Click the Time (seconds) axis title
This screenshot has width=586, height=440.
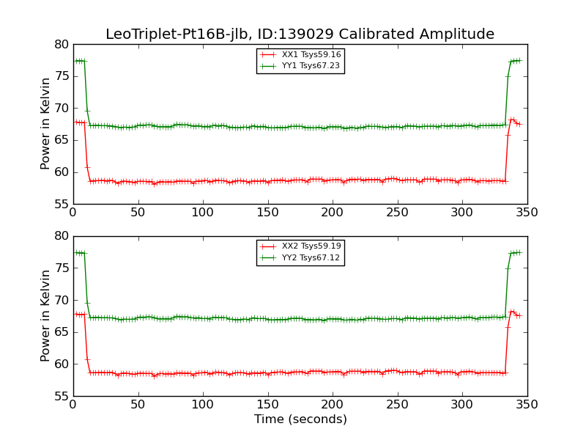(300, 419)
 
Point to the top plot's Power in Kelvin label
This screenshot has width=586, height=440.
(46, 124)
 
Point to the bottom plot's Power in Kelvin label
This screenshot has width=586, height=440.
(46, 316)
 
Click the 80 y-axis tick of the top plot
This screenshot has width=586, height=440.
(61, 44)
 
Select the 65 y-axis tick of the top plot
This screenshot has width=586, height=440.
(61, 140)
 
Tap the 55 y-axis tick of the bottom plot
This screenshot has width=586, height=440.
(61, 396)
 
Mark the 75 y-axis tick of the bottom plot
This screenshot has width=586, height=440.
(61, 268)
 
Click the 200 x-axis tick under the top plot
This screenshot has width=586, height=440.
(333, 213)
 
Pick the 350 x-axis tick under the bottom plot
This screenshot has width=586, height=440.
(527, 404)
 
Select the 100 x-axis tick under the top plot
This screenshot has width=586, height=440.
(203, 213)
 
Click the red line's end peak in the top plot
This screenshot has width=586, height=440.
(512, 119)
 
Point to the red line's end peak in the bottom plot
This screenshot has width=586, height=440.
(512, 311)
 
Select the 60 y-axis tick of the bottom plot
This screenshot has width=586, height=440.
(61, 364)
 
